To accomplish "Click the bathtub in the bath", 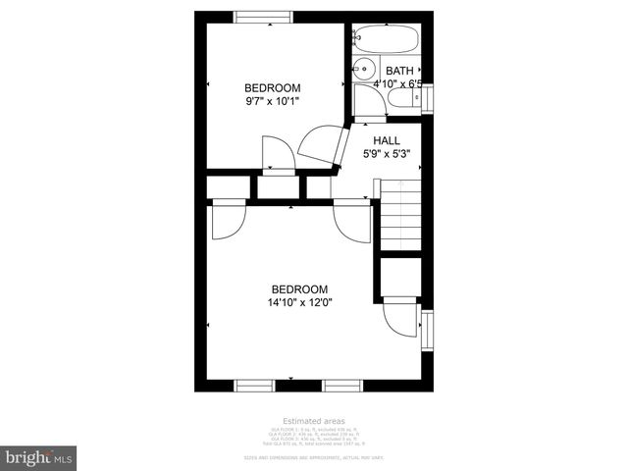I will click(x=387, y=40).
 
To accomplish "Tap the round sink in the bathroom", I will click(x=363, y=69).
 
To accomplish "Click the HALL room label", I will click(x=386, y=140).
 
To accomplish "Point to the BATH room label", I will click(x=399, y=71).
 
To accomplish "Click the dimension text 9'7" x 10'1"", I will click(x=273, y=100).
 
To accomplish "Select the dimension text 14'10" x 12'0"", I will click(x=299, y=302).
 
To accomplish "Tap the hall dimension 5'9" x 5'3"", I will click(x=386, y=153).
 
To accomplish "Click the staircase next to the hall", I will click(x=400, y=213).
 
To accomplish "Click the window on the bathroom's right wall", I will click(x=429, y=100).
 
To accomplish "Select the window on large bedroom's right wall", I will click(x=427, y=332).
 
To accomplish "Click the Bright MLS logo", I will click(x=39, y=457).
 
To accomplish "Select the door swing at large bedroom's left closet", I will click(x=224, y=222).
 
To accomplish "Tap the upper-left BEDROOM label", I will click(x=273, y=87).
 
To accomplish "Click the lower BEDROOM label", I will click(x=299, y=289).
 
